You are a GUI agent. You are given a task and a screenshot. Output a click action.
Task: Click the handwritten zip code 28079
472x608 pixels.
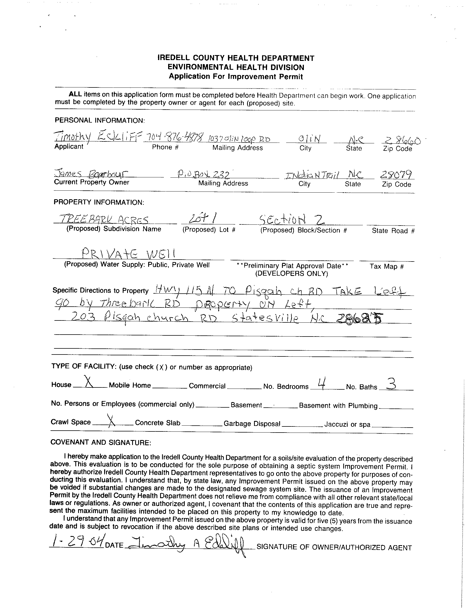click(x=396, y=175)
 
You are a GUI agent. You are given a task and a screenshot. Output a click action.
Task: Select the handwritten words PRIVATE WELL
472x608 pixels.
click(x=129, y=253)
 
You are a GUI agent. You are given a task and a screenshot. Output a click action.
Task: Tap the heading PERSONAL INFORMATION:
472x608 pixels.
click(x=99, y=120)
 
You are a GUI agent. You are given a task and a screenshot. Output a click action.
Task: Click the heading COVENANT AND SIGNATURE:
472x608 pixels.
click(x=101, y=442)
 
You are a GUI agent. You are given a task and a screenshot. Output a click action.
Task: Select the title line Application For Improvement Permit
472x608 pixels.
click(x=236, y=76)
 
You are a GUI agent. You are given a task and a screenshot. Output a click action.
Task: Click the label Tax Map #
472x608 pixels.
click(x=386, y=267)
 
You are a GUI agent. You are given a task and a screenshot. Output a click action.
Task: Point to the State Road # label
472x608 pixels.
click(x=393, y=231)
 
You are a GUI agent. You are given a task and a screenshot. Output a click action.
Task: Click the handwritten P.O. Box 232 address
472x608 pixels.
click(x=204, y=175)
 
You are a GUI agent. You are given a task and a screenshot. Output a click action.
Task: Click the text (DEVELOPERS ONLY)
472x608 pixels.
click(x=291, y=273)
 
